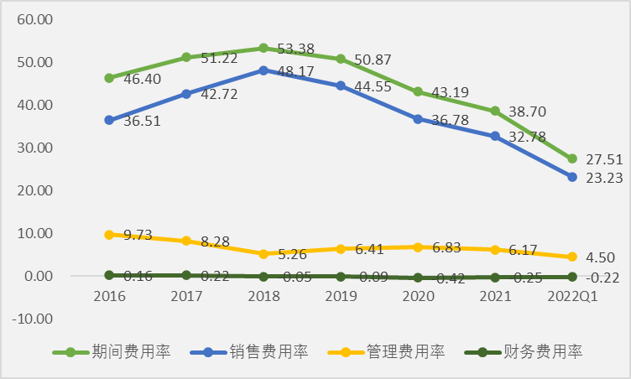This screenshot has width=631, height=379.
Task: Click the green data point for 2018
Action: tap(263, 48)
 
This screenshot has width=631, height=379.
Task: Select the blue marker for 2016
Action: tap(109, 120)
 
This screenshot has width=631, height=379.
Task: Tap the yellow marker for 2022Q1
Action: tap(572, 257)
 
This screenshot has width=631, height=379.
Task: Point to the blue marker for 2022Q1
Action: tap(572, 177)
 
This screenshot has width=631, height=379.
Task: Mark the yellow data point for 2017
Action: tap(186, 241)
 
